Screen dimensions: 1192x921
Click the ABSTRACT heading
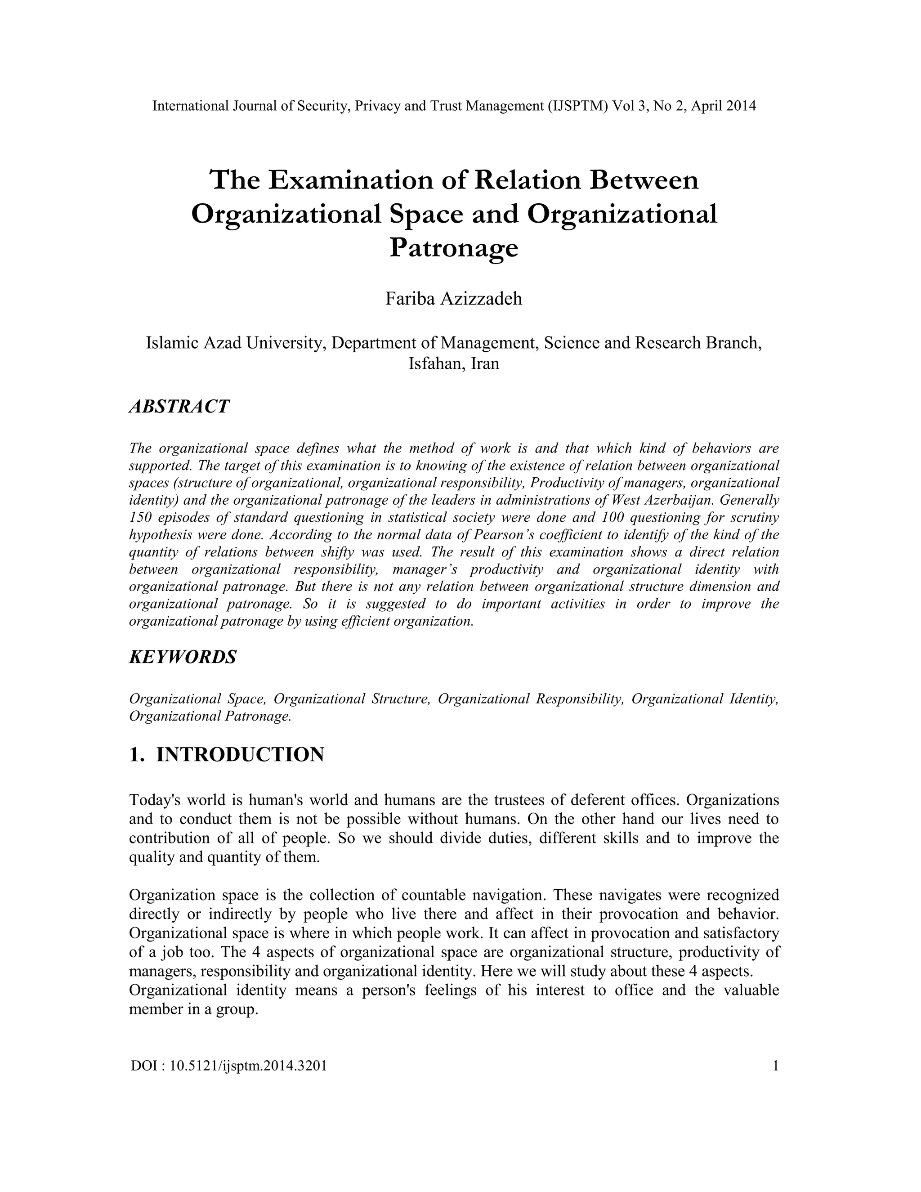179,407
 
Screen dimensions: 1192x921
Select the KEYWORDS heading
183,657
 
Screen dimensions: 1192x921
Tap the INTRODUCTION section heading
240,755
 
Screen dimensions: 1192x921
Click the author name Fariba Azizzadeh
454,299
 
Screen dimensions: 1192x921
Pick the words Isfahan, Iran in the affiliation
454,363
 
